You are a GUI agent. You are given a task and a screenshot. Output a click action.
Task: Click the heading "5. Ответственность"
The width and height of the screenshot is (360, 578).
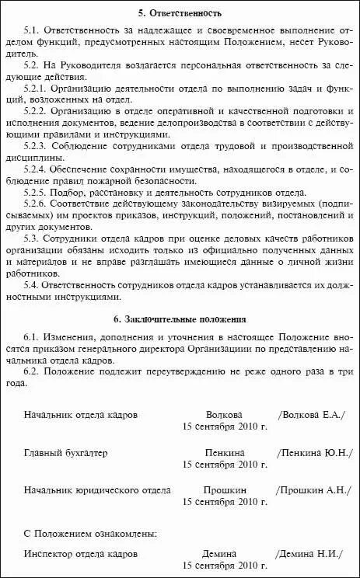[179, 13]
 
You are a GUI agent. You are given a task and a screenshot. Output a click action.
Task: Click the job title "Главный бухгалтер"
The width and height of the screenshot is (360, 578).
[65, 452]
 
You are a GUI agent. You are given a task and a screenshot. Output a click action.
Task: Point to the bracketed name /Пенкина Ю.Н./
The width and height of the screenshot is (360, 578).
[313, 452]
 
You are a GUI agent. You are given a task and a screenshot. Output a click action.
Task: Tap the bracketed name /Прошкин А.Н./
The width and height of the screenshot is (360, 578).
[313, 490]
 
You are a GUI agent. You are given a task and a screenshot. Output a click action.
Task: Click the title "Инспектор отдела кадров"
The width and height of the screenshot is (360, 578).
[80, 554]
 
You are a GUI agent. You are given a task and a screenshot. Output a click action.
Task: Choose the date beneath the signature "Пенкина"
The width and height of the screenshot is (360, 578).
[224, 465]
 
